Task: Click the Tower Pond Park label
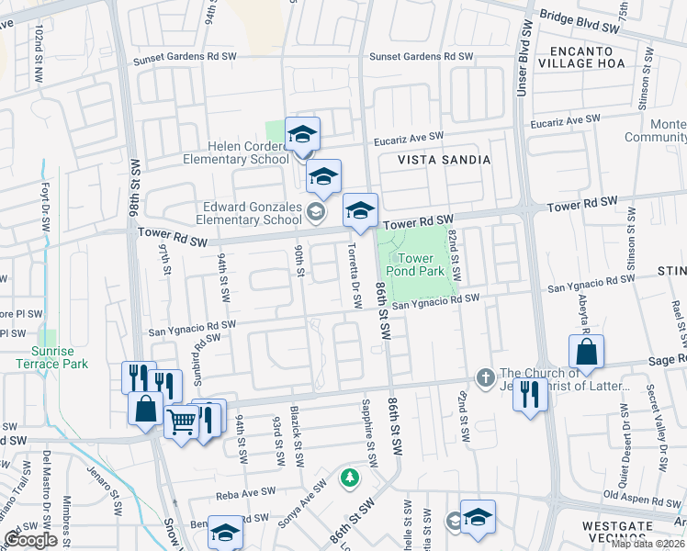click(422, 264)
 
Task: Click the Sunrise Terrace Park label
click(52, 357)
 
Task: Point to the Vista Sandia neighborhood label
click(444, 159)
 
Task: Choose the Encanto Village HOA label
click(588, 57)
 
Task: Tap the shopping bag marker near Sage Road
click(586, 353)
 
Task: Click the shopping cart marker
click(182, 422)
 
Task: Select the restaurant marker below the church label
click(531, 395)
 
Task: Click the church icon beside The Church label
click(485, 377)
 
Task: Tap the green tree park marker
click(349, 478)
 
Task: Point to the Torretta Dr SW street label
click(353, 275)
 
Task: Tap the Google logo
click(30, 540)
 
